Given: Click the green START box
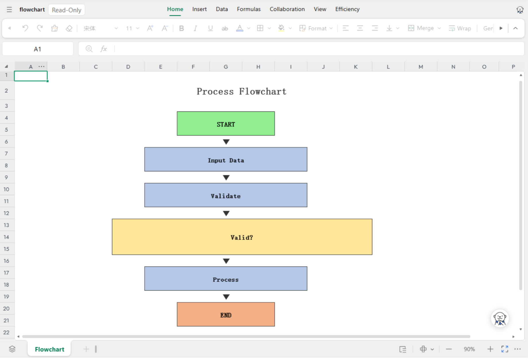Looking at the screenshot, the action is coord(226,123).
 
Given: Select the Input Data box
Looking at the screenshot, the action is coord(226,159).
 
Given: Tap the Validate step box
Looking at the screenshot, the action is coord(226,195).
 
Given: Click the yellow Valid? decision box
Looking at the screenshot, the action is coord(242,237).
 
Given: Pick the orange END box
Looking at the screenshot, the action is coord(226,314).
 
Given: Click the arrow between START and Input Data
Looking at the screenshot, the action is coord(226,142).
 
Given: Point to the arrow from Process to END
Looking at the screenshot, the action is coord(226,297).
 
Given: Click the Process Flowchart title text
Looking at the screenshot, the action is coord(242,91).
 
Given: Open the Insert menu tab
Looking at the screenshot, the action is coord(199,9).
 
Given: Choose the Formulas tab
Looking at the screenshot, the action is coord(249,9).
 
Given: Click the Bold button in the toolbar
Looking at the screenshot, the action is coord(181,28).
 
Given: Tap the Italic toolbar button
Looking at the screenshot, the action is coord(196,28).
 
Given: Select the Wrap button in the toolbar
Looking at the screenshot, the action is coord(460,28).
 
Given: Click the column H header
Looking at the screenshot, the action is coord(258,67).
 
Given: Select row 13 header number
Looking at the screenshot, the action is coord(6,225).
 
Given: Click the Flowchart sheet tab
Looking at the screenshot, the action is coord(49,349).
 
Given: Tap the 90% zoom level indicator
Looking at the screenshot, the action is coord(469,349).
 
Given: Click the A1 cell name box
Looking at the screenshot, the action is coord(38,49).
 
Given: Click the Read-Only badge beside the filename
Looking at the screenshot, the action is coord(67,10).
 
